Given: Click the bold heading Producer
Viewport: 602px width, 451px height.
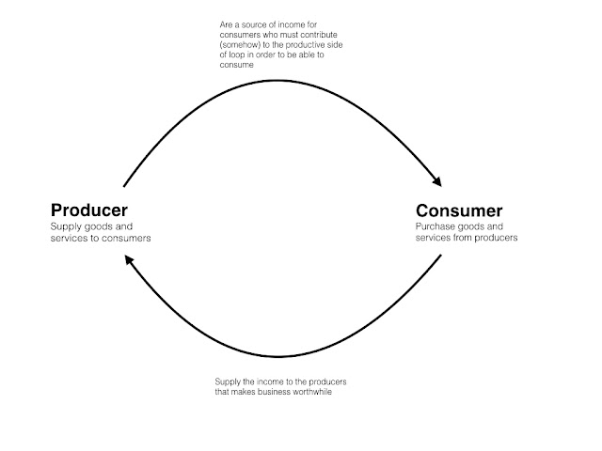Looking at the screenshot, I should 88,210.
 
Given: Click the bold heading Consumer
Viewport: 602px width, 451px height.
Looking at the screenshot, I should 459,210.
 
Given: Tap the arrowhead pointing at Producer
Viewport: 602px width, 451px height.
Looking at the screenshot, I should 129,269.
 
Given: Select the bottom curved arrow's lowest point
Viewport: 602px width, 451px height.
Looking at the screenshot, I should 278,357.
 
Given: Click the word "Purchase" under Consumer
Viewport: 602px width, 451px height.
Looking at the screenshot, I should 436,226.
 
